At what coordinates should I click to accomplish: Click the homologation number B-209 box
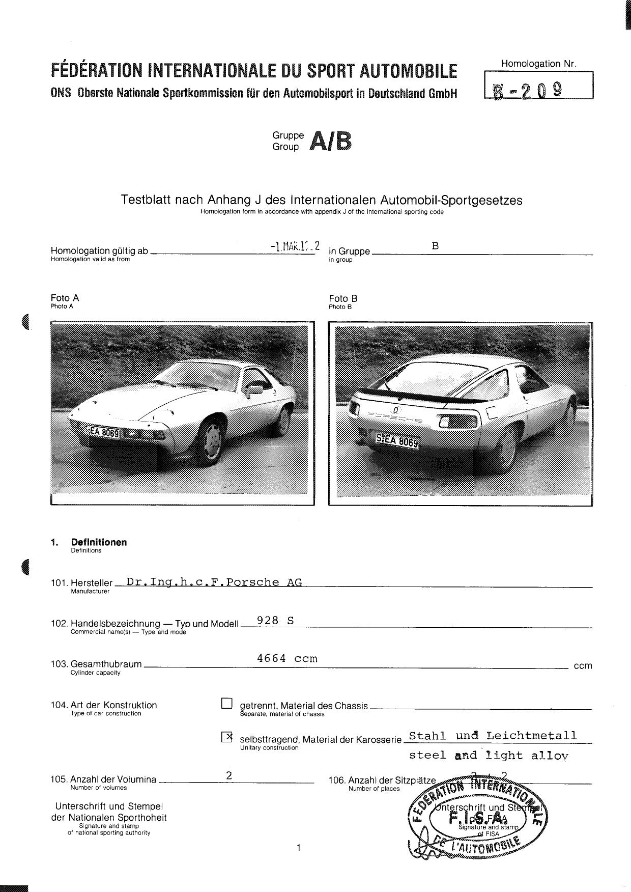coord(539,85)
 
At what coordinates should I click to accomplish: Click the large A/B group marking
coord(331,142)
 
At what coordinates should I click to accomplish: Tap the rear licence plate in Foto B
coord(397,440)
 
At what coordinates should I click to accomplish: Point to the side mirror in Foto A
coord(254,390)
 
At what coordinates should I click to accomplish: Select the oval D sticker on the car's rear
coord(395,409)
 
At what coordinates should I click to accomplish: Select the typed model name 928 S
coord(275,620)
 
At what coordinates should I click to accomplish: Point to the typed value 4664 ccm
coord(287,658)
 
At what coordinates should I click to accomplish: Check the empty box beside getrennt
coord(227,704)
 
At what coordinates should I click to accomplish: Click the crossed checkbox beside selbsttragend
coord(227,736)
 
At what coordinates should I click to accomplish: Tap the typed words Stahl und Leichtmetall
coord(493,736)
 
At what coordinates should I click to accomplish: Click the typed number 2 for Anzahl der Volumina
coord(229,775)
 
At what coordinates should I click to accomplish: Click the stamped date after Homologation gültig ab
coord(295,246)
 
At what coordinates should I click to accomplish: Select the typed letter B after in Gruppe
coord(435,246)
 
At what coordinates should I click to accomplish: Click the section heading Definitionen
coord(99,542)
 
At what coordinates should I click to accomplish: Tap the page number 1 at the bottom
coord(299,847)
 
